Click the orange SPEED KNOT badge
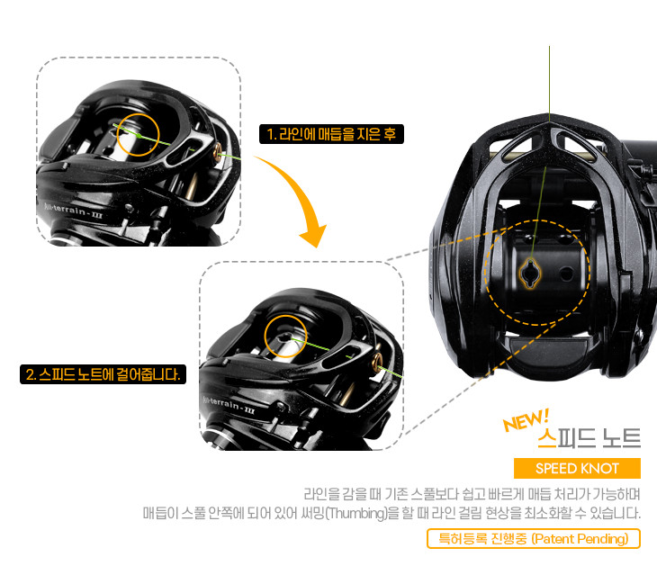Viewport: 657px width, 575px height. click(x=576, y=469)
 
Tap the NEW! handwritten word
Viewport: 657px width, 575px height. click(x=525, y=421)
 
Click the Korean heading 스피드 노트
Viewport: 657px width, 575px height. click(x=589, y=438)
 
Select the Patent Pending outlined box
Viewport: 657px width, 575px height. click(x=534, y=539)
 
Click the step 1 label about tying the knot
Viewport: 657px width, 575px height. click(x=331, y=134)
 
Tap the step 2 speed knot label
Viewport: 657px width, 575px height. click(x=103, y=373)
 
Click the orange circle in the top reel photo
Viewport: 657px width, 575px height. click(x=138, y=135)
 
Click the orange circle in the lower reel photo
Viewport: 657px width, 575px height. click(x=283, y=337)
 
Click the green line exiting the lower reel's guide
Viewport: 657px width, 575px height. click(x=387, y=370)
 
